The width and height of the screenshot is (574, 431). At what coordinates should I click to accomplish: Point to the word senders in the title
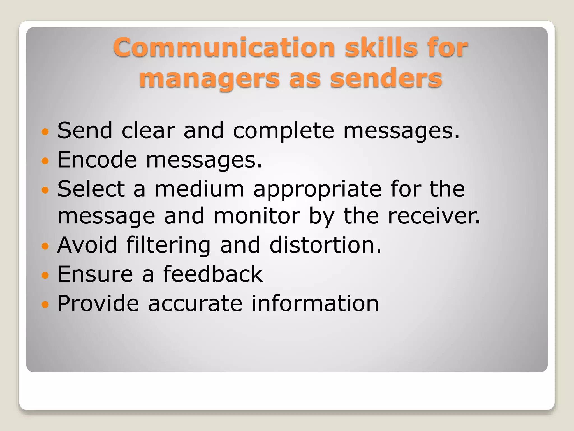point(386,79)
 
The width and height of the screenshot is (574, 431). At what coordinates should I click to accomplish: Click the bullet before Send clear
point(45,131)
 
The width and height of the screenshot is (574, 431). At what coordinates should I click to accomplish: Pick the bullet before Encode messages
point(45,161)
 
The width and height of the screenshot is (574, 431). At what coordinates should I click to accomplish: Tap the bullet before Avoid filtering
point(45,246)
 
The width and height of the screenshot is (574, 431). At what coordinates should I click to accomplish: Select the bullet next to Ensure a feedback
point(45,275)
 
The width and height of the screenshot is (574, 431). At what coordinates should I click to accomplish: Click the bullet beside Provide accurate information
point(45,304)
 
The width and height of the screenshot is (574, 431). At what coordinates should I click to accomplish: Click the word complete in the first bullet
point(283,131)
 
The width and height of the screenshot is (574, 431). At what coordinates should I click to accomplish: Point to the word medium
point(200,189)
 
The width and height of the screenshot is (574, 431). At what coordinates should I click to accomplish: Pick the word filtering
point(168,245)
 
